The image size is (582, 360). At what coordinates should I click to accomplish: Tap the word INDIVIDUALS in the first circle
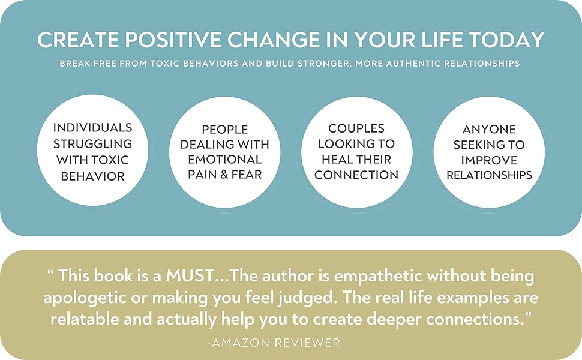(92, 128)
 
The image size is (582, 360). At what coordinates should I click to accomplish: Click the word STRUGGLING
(92, 144)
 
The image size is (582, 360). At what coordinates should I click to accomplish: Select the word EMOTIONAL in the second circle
(225, 160)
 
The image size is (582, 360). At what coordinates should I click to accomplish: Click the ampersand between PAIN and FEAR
(227, 176)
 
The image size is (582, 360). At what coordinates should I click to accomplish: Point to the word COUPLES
(356, 128)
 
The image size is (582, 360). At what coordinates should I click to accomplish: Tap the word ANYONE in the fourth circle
(489, 128)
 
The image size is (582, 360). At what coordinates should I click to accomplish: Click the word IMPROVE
(489, 160)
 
